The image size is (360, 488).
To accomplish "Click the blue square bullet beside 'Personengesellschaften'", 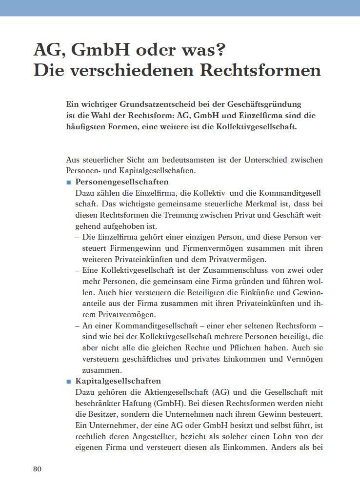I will [69, 182].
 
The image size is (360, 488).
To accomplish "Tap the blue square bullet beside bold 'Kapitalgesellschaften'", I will [69, 381].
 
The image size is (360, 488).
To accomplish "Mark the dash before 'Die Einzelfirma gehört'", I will [78, 237].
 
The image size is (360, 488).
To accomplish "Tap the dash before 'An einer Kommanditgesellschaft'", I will [78, 326].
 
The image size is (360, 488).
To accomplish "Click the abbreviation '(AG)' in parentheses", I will [220, 392].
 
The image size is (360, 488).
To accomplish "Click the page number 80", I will [38, 469].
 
